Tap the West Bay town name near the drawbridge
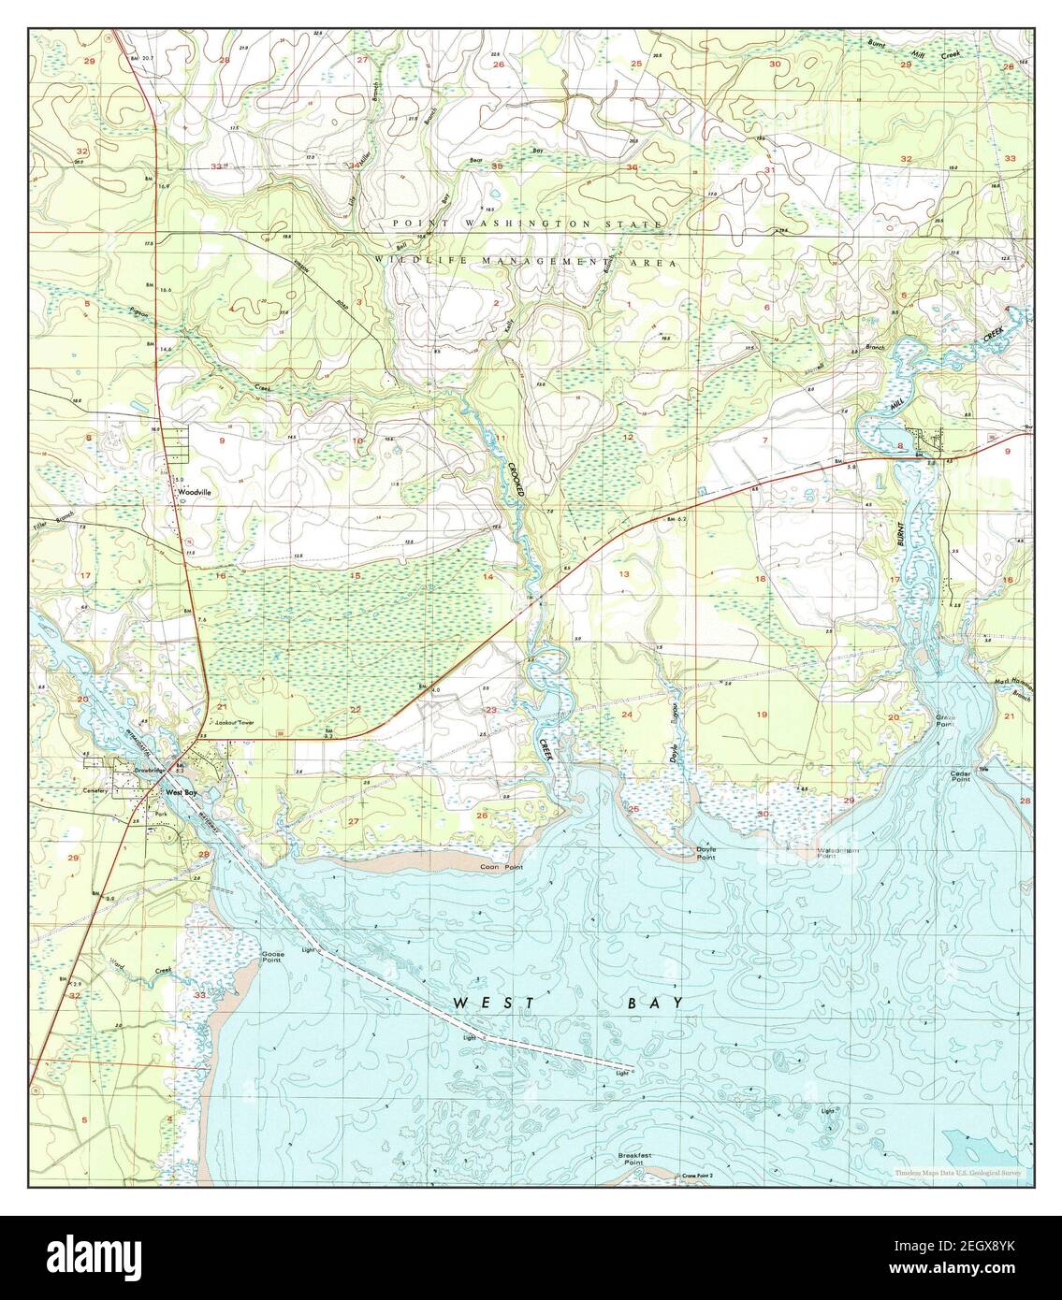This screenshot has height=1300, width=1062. tap(182, 793)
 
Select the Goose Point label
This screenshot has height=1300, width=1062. tap(272, 958)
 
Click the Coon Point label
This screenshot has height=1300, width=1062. tap(501, 868)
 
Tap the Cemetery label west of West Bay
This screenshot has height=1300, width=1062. tap(95, 790)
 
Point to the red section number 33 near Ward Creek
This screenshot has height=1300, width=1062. tap(198, 996)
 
